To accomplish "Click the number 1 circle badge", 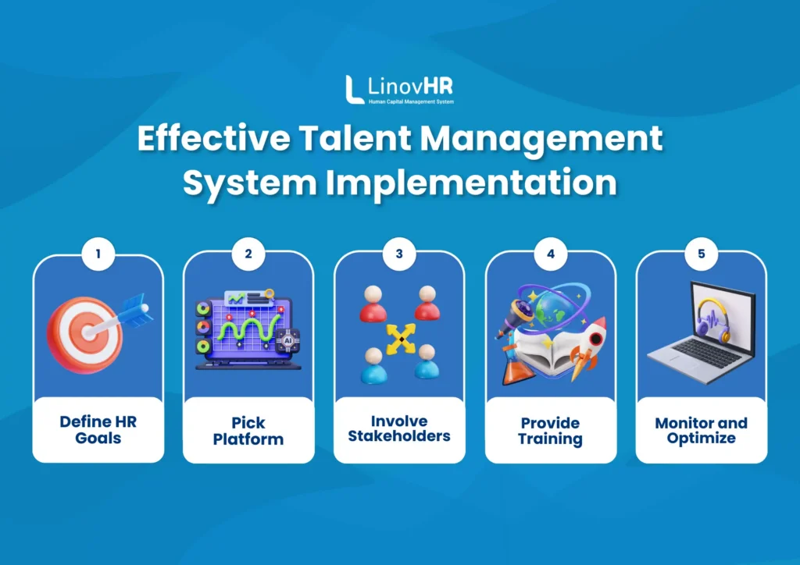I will pyautogui.click(x=98, y=254).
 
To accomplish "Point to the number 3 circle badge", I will pyautogui.click(x=399, y=254).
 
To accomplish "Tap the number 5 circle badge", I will pyautogui.click(x=701, y=254).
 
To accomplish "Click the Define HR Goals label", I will pyautogui.click(x=98, y=430).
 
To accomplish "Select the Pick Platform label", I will pyautogui.click(x=248, y=431).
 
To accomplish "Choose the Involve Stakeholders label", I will pyautogui.click(x=399, y=429).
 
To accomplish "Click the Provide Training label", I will pyautogui.click(x=550, y=431).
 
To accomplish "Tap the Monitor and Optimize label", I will pyautogui.click(x=701, y=430).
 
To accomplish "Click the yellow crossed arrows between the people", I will pyautogui.click(x=399, y=337).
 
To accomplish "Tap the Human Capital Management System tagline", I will pyautogui.click(x=411, y=101).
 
